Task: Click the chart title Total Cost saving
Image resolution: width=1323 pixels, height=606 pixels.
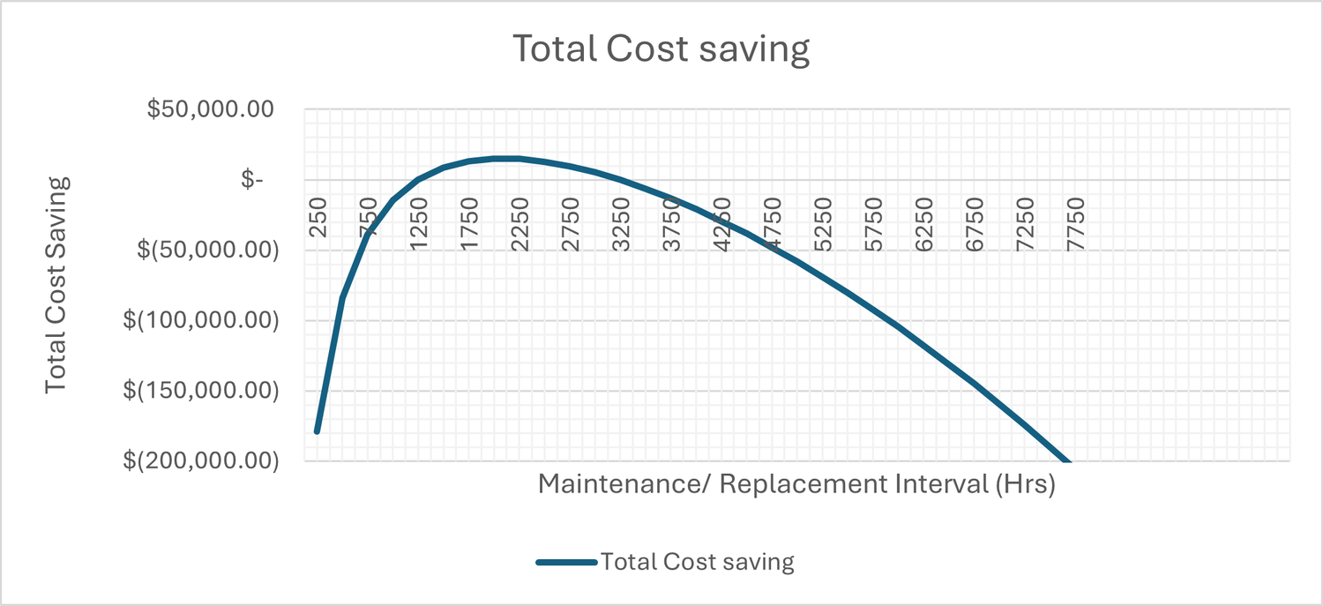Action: point(661,50)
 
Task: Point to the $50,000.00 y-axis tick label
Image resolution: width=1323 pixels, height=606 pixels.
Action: point(211,109)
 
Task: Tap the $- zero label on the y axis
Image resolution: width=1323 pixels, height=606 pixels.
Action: point(252,180)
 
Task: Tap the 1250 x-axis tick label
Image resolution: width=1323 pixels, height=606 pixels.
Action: point(419,225)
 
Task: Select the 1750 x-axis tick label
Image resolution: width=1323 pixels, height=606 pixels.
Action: point(469,225)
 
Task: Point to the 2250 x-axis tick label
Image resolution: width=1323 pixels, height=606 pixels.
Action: point(520,225)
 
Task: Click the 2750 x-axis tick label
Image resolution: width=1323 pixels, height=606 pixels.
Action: point(571,225)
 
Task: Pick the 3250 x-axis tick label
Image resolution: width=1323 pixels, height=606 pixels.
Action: point(621,225)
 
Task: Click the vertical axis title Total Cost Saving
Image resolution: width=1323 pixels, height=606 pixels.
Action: point(56,284)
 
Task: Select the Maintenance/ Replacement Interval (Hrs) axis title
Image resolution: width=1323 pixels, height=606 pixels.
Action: point(796,484)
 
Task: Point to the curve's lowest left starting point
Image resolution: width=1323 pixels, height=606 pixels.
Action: point(317,431)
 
